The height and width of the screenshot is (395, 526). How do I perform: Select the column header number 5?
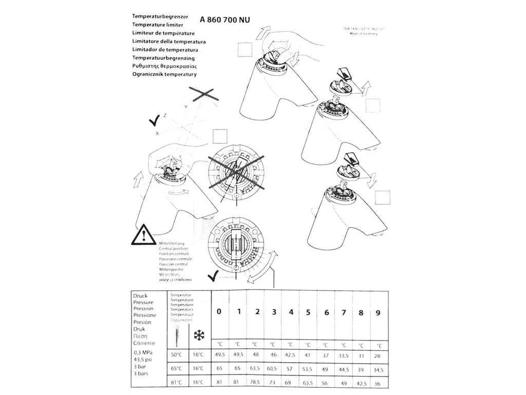pyautogui.click(x=308, y=312)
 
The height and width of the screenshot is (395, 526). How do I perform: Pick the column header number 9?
pyautogui.click(x=378, y=313)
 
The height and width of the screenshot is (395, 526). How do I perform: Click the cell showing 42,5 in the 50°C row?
pyautogui.click(x=290, y=355)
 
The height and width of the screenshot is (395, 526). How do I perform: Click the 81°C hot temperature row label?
pyautogui.click(x=177, y=382)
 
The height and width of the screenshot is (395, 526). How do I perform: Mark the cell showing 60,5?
pyautogui.click(x=273, y=369)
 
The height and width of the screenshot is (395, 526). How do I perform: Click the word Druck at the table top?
pyautogui.click(x=140, y=296)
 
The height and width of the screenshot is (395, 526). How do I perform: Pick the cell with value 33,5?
pyautogui.click(x=343, y=355)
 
